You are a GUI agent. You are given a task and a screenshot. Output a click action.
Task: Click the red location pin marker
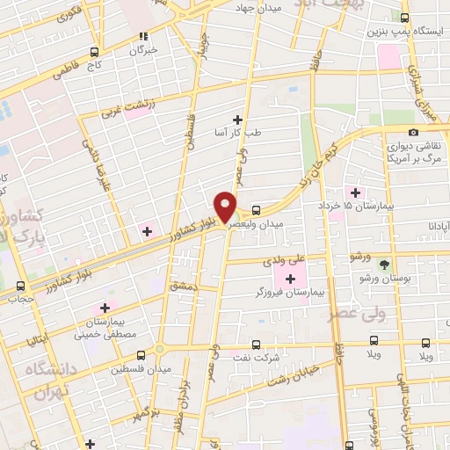coord(227,207)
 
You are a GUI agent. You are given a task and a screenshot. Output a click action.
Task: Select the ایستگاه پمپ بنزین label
coord(403,32)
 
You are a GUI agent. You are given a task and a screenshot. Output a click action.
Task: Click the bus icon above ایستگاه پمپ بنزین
coord(404,17)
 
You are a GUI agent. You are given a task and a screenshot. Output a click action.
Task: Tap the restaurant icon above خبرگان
coord(142,37)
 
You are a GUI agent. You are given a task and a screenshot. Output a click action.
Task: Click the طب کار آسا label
coord(236,132)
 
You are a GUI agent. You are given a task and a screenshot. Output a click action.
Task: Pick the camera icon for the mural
coord(413,133)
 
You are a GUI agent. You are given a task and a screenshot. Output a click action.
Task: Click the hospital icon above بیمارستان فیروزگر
coord(290,279)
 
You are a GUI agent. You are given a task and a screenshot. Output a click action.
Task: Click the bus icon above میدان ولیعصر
coord(256,210)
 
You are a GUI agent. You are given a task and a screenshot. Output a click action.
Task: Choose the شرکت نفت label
coord(256,359)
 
